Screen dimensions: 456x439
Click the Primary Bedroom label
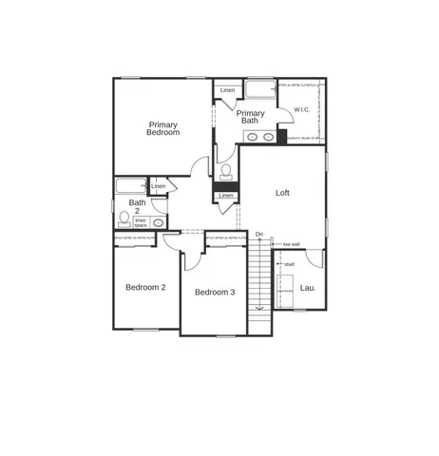[162, 128]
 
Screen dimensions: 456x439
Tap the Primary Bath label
[250, 117]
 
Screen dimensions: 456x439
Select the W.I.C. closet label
[302, 109]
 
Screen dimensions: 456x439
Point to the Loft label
[282, 193]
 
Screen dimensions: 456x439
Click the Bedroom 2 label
[146, 287]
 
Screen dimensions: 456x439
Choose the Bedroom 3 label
[215, 292]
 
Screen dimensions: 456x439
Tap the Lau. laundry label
[307, 287]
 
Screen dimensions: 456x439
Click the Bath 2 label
[138, 206]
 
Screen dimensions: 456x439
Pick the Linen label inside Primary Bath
[227, 91]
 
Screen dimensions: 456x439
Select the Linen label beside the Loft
[225, 196]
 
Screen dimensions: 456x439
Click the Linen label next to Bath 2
[158, 186]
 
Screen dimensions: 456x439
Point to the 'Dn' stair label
[258, 234]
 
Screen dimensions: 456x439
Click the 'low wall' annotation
[291, 244]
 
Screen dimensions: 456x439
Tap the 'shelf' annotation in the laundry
[289, 264]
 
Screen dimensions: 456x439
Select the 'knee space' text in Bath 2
[141, 222]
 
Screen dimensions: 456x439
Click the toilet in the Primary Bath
[225, 171]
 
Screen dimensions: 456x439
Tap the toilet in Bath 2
[124, 219]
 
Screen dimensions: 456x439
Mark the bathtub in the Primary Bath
[259, 90]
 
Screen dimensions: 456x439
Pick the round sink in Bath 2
[158, 222]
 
